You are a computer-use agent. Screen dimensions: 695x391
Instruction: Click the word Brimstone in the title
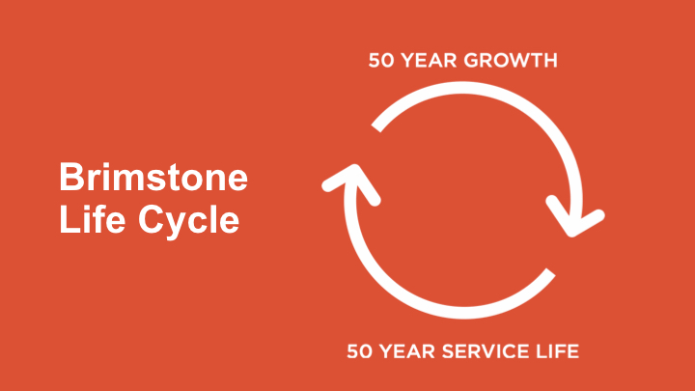coord(153,177)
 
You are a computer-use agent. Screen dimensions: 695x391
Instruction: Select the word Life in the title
coord(92,218)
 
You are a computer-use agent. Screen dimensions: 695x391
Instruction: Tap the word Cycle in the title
coord(189,222)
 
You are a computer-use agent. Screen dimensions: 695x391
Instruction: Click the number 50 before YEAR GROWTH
coord(380,60)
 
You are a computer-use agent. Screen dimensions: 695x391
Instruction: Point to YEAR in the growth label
coord(423,60)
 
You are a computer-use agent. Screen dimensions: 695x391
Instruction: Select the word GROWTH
coord(505,60)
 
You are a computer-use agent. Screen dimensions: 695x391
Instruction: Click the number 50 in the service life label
coord(359,351)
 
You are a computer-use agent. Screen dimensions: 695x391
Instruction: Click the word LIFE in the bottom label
coord(558,351)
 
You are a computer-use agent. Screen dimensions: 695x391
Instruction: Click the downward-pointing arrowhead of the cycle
coord(575,217)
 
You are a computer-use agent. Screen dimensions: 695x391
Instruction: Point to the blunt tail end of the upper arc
coord(376,126)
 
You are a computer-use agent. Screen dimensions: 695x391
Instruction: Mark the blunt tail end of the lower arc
coord(550,273)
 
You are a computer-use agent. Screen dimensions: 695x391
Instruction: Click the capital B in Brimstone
coord(71,177)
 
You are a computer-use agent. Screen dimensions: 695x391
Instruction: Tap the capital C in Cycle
coord(152,218)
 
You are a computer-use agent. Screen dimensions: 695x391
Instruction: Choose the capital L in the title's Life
coord(69,218)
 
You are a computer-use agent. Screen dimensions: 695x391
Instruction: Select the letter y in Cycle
coord(181,226)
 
